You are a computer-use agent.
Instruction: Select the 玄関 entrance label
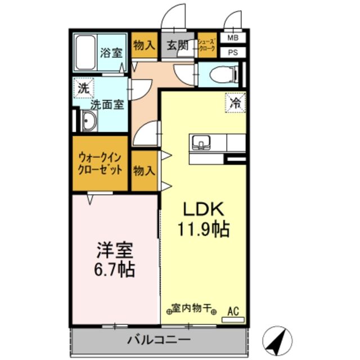177,46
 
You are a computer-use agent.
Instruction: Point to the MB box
232,38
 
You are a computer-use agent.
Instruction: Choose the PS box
232,52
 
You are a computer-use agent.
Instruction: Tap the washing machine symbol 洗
83,88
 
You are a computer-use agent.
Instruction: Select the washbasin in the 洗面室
89,120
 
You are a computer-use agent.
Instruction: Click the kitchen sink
200,142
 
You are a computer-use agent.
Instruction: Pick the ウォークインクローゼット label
100,164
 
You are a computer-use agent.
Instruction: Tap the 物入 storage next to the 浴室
144,46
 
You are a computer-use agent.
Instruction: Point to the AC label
233,310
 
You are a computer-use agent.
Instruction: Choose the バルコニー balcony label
158,340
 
